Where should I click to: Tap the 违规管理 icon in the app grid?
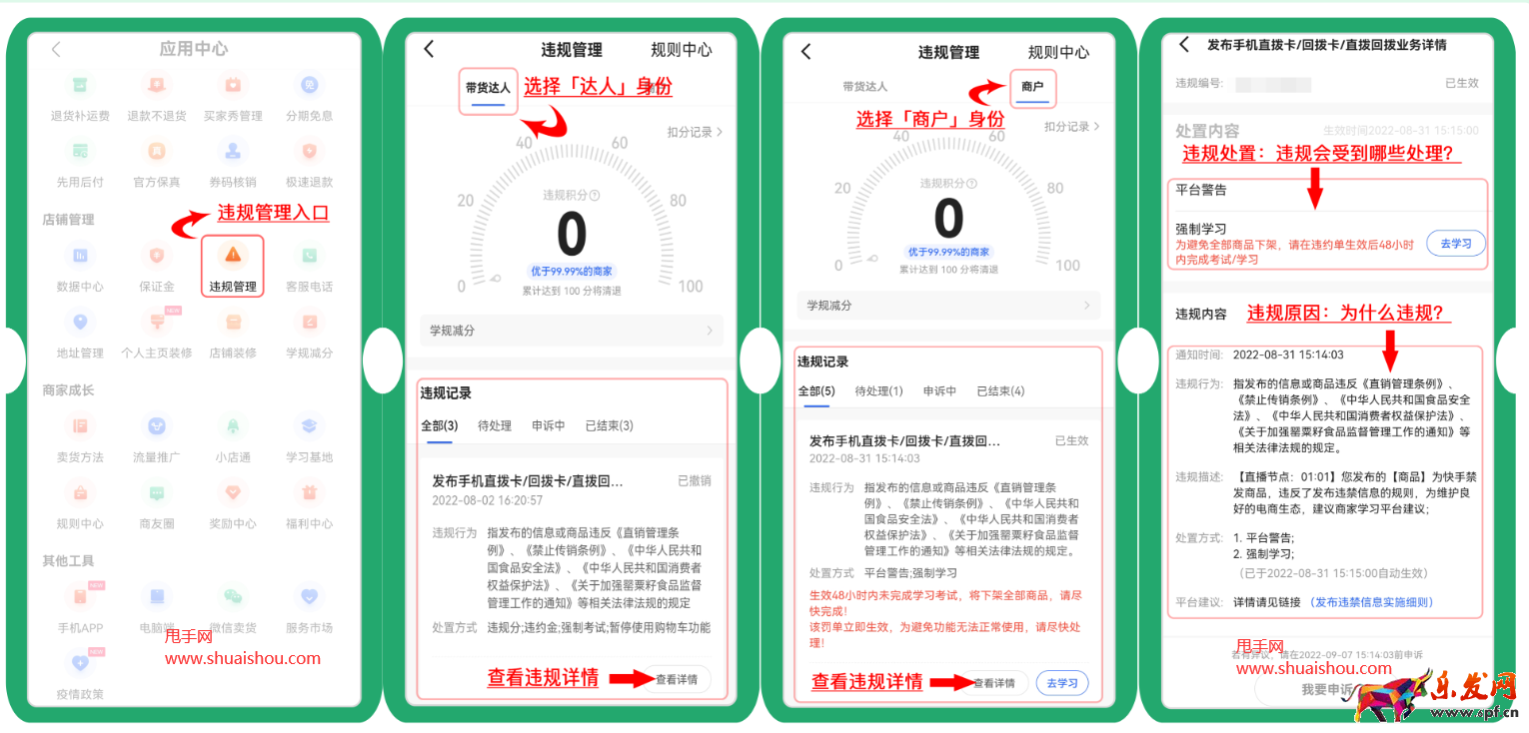tap(232, 256)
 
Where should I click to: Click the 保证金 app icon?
tap(156, 256)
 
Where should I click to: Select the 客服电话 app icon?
tap(309, 256)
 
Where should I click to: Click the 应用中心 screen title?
tap(194, 49)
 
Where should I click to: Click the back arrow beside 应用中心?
tap(57, 49)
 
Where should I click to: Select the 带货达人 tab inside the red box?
tap(488, 88)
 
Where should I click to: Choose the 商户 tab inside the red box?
tap(1032, 88)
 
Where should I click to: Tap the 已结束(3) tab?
tap(609, 425)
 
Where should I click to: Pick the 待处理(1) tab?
tap(878, 391)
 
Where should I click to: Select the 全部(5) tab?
tap(816, 391)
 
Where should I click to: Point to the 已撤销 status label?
tap(694, 481)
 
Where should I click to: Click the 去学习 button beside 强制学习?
tap(1455, 244)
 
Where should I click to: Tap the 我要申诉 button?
tap(1327, 690)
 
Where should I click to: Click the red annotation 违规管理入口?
tap(273, 214)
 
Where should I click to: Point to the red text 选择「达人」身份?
tap(598, 87)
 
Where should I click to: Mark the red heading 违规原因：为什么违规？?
tap(1348, 313)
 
